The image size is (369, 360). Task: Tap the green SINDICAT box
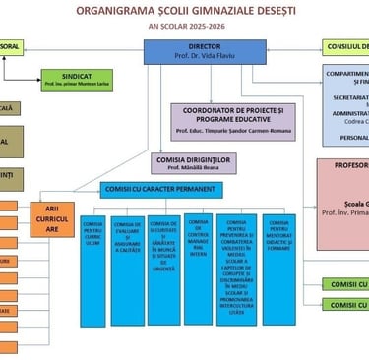click(x=77, y=80)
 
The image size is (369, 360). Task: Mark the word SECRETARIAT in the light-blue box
click(x=352, y=97)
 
